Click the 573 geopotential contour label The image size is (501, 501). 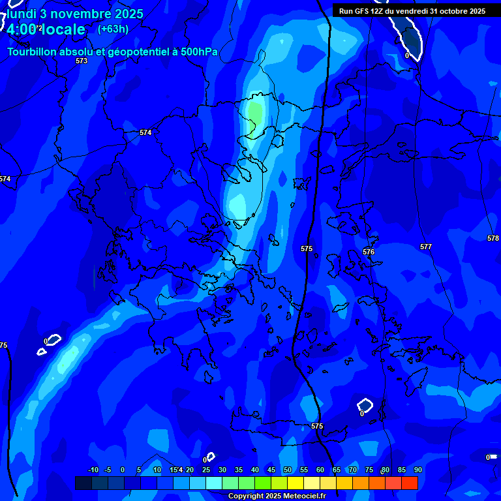click(82, 61)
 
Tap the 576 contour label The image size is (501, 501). click(369, 252)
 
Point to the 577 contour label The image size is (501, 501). click(426, 247)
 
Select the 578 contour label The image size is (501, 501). click(493, 238)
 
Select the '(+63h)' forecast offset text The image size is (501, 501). click(113, 29)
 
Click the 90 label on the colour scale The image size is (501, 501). click(417, 470)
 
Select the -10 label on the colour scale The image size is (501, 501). click(93, 470)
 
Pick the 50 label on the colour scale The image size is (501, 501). click(288, 470)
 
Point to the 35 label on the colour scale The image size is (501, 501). click(239, 470)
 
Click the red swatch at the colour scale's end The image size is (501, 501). click(410, 483)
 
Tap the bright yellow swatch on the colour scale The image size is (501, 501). click(296, 483)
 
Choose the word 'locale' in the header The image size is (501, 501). click(63, 29)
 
